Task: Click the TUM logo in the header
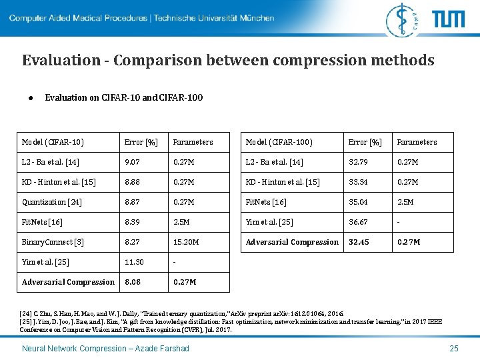(x=448, y=19)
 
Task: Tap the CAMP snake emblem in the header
(x=407, y=19)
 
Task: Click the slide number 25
(x=454, y=349)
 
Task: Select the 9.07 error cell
(x=132, y=162)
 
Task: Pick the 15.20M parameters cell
(x=186, y=242)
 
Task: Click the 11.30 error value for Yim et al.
(x=134, y=262)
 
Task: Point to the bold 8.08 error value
(x=132, y=282)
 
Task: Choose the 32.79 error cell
(x=358, y=162)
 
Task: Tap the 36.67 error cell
(x=358, y=222)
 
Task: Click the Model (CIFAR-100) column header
(x=279, y=142)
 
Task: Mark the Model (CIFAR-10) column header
(x=53, y=142)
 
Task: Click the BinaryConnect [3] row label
(x=53, y=242)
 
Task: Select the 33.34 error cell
(x=358, y=182)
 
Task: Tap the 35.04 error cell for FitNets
(x=358, y=202)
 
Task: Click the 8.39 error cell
(x=132, y=222)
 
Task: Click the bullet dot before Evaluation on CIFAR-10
(x=31, y=98)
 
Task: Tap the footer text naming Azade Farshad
(x=105, y=349)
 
